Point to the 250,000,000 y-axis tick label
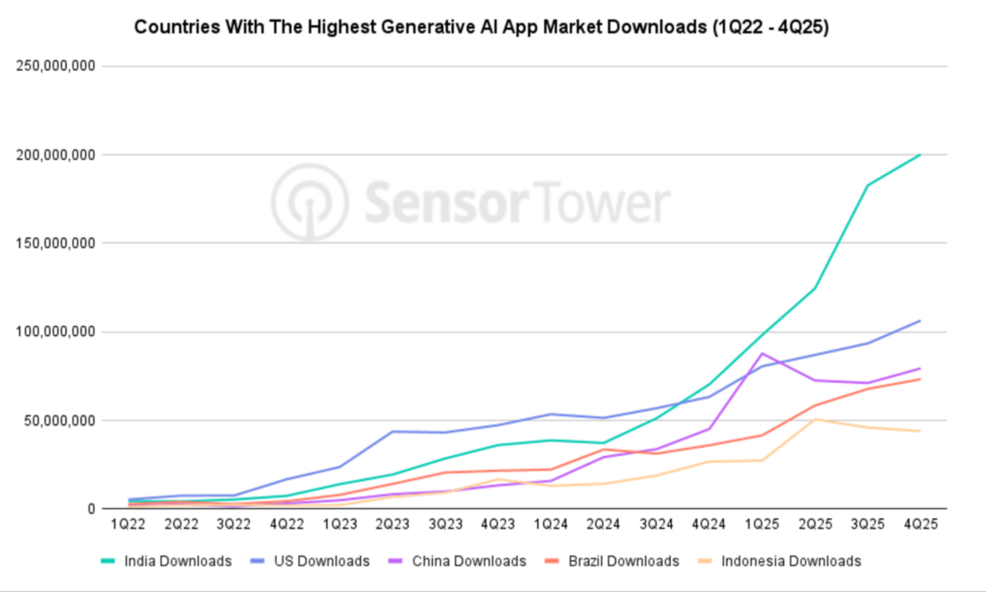[55, 66]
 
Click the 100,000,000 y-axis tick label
[55, 331]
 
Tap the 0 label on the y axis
[91, 509]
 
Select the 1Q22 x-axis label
[128, 524]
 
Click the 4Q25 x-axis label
[921, 524]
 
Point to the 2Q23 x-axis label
[392, 524]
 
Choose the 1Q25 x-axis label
[762, 524]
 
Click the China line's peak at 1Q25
[763, 354]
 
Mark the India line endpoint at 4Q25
[920, 155]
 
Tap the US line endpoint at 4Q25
[920, 321]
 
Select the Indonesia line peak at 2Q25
[816, 420]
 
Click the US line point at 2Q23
[392, 432]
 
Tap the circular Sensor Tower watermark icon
[310, 202]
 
